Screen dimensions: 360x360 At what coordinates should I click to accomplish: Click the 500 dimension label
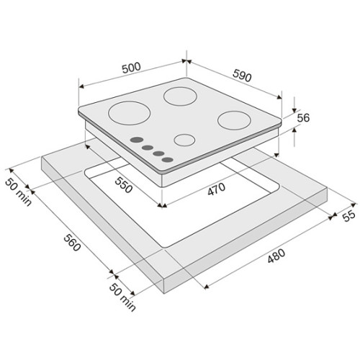pos(131,68)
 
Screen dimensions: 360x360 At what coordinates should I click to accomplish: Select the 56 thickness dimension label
pos(303,118)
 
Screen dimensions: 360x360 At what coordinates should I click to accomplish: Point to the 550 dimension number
pos(124,185)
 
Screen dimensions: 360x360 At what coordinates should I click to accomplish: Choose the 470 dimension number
pos(217,189)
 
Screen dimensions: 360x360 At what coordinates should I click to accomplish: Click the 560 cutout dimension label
pos(72,243)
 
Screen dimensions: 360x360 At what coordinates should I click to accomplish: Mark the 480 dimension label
pos(276,256)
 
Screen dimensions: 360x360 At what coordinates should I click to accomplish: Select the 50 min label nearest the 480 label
pos(122,297)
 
